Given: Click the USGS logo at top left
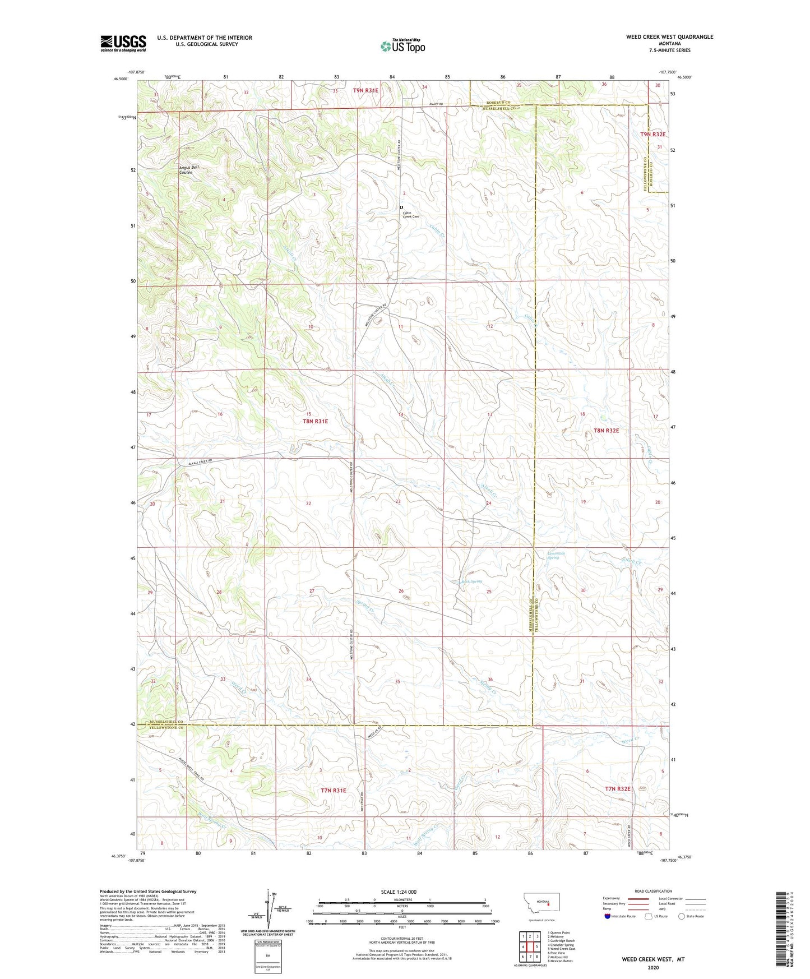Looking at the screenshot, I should (x=123, y=43).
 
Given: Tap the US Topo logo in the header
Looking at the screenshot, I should (x=402, y=46).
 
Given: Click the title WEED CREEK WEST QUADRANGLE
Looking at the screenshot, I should (x=669, y=37).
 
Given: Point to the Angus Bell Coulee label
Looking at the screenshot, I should (x=188, y=170).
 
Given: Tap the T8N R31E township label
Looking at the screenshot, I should (x=315, y=421).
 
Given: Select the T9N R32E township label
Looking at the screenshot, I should (x=652, y=135).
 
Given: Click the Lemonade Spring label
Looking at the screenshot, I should (x=556, y=555).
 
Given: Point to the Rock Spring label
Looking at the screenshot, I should (x=471, y=581).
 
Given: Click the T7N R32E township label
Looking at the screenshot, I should (x=617, y=789).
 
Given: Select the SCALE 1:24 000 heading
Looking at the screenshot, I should (x=398, y=892).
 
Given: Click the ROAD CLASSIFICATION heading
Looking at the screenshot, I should (x=653, y=891).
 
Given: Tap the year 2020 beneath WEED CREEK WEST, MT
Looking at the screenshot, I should (x=653, y=967).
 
